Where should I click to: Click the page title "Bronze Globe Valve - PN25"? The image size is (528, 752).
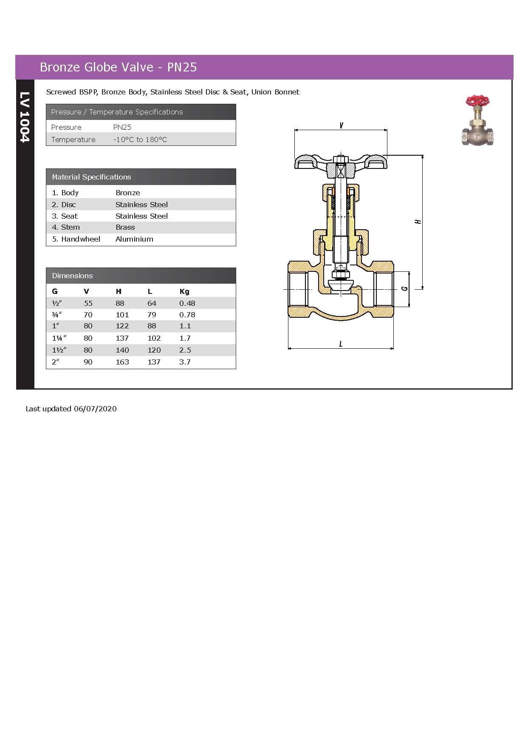118,67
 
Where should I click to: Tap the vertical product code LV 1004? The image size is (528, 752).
25,117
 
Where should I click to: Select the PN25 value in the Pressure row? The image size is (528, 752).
122,127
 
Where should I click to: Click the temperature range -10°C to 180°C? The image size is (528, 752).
140,140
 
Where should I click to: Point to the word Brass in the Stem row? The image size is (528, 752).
125,227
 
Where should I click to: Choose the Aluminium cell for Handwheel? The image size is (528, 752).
134,239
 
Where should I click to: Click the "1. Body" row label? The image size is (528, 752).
65,193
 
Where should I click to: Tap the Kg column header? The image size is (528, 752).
184,291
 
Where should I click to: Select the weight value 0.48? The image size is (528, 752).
187,303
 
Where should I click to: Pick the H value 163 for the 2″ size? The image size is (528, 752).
122,362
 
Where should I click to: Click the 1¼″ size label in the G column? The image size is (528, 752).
59,338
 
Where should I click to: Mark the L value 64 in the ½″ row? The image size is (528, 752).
152,303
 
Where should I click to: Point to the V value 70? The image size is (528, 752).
88,315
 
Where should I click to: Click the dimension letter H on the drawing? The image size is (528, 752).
418,221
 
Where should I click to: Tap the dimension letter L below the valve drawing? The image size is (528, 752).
341,344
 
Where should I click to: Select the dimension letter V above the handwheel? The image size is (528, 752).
342,125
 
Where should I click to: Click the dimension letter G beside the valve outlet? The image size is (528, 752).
404,288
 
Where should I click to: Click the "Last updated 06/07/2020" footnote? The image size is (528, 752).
71,409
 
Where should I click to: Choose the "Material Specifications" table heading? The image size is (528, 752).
91,177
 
